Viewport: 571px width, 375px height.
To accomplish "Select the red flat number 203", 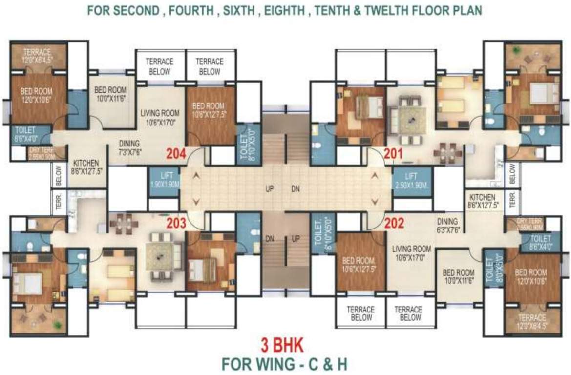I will tap(176, 224).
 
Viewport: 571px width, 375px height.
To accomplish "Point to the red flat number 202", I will tap(394, 224).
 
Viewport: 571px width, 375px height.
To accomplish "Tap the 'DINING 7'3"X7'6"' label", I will tap(129, 147).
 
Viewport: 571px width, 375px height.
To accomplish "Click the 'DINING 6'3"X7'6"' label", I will tap(447, 225).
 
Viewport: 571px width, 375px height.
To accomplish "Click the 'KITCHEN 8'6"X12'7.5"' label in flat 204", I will tap(86, 167).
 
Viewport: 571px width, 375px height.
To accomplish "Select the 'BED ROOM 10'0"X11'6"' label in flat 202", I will tap(458, 277).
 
